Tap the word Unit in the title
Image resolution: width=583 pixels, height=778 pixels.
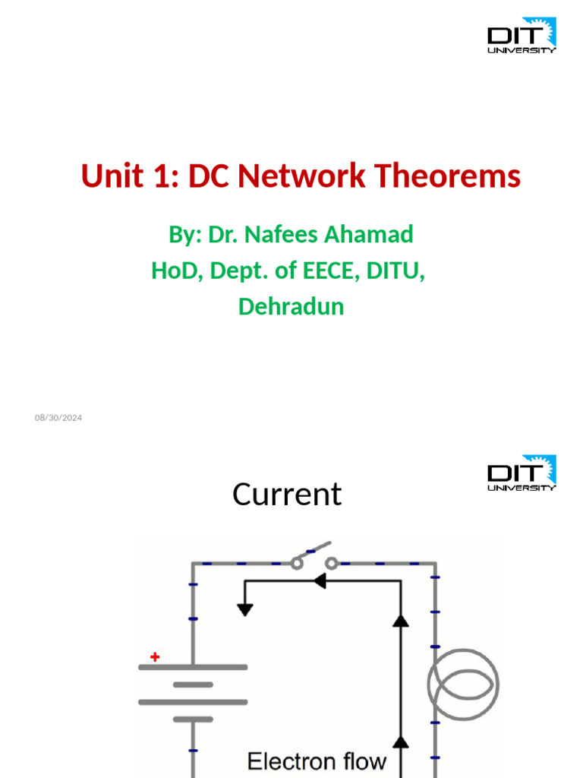[x=112, y=176]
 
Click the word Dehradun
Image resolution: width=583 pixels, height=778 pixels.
[x=291, y=306]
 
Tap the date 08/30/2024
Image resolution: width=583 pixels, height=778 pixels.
[x=58, y=417]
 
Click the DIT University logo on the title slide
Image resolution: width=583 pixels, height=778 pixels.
[x=522, y=35]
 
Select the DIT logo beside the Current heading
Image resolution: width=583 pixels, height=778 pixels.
[x=522, y=473]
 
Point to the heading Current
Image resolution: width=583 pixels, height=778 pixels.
[x=287, y=495]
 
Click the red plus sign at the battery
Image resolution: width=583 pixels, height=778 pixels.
[x=155, y=657]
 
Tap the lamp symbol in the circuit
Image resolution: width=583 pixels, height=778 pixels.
[x=463, y=684]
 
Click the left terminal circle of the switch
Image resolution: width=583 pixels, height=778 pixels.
[x=296, y=563]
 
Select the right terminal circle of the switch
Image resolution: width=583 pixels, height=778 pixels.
[x=332, y=563]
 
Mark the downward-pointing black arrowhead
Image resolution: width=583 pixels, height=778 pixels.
[x=244, y=609]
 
